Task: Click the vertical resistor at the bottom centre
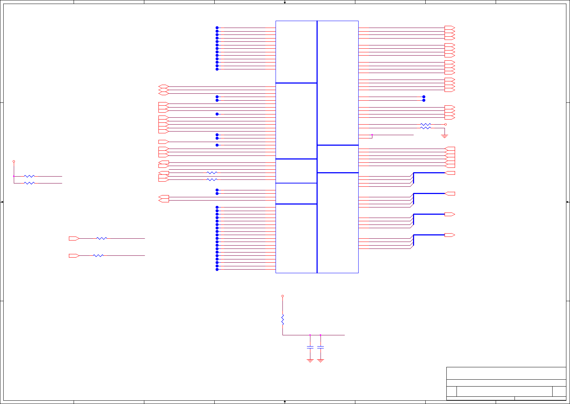282,320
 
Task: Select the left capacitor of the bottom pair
310,347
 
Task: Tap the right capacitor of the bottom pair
321,347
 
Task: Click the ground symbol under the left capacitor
310,361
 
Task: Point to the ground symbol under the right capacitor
321,361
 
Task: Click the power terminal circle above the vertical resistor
282,296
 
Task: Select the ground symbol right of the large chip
445,136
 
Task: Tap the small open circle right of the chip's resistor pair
446,125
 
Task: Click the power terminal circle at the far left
14,161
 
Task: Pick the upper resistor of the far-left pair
29,176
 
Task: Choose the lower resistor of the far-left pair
29,183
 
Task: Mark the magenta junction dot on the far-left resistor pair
14,176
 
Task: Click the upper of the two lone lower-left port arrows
74,239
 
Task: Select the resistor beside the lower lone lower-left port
98,256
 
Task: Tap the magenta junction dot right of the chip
372,135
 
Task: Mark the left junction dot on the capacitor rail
310,335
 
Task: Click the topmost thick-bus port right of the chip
450,173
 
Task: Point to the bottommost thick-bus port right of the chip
450,235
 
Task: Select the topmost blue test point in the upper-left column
217,28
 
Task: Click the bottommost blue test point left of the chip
217,270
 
